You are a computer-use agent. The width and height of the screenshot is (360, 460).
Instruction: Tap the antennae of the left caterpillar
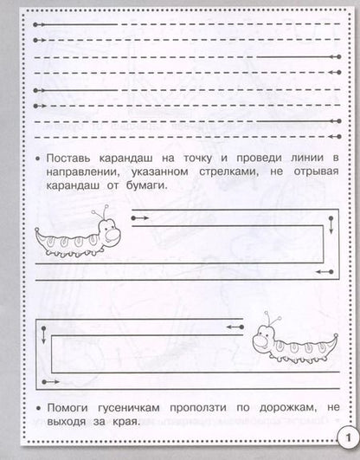pyautogui.click(x=103, y=211)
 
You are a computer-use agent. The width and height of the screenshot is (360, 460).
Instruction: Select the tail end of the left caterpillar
pyautogui.click(x=41, y=236)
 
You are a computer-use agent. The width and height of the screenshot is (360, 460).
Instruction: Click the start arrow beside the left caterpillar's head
pyautogui.click(x=138, y=219)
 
